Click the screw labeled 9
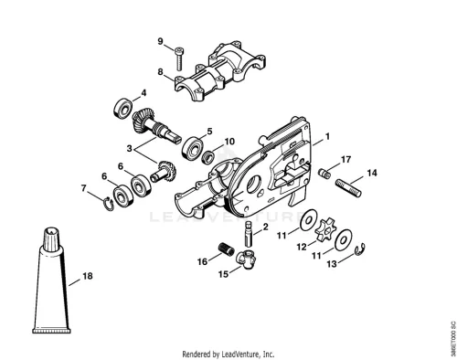point(179,58)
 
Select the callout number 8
point(161,72)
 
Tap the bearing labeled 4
point(123,108)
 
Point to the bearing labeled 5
point(192,148)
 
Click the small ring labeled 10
point(209,156)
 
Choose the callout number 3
point(130,149)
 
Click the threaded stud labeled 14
point(348,188)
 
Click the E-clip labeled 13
point(361,249)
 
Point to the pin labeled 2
point(249,234)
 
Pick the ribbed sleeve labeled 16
point(227,249)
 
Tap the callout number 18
point(88,276)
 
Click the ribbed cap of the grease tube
point(52,239)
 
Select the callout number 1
point(327,136)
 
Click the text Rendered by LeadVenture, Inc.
point(228,355)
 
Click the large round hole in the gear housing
point(254,185)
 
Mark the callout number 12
point(302,247)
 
